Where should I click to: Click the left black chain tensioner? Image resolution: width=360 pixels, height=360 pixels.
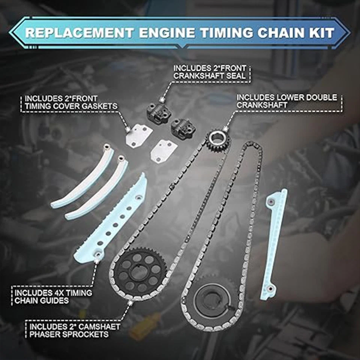point(157,112)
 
